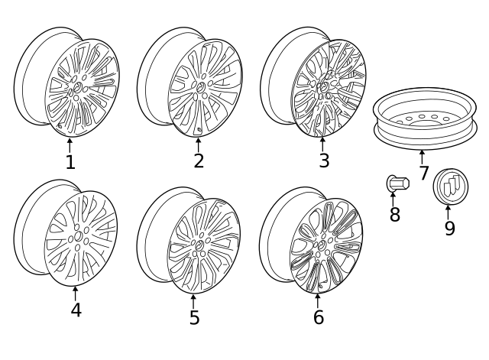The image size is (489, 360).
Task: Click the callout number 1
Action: coord(70,162)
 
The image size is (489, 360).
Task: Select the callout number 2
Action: coord(199,161)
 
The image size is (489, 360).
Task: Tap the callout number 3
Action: coord(324,161)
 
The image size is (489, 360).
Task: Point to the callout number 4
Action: coord(76,310)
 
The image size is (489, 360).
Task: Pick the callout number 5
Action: coord(194,317)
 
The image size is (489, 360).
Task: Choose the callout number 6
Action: coord(318,317)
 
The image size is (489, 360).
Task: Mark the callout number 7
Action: coord(423,174)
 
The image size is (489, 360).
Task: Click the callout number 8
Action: coord(394,215)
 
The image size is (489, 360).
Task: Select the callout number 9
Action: coord(449,229)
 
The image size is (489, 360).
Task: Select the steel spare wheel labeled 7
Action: coord(423,121)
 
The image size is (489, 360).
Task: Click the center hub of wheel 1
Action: coord(77,90)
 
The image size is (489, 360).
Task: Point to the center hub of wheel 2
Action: coord(201,89)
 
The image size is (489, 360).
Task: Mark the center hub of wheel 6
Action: coord(323,245)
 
